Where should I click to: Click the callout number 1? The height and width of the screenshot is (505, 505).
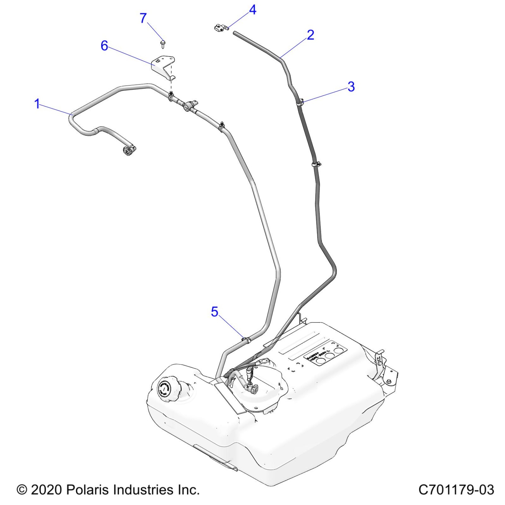coord(37,104)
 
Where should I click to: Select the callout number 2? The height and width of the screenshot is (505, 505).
coord(310,35)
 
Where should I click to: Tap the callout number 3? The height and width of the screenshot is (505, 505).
coord(351,86)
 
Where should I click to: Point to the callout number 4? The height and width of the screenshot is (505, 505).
coord(252,10)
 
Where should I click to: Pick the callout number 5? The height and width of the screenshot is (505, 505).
coord(214,312)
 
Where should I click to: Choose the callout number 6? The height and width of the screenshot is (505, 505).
coord(104,46)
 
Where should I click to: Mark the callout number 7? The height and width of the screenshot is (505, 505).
coord(143,18)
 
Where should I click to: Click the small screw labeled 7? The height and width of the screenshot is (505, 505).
coord(162,44)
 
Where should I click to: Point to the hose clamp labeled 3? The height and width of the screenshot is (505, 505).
coord(300,102)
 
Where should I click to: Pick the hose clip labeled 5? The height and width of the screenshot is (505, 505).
coord(246,339)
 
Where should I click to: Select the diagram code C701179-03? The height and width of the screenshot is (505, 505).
coord(456,490)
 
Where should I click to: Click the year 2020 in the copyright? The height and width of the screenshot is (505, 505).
coord(46,490)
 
